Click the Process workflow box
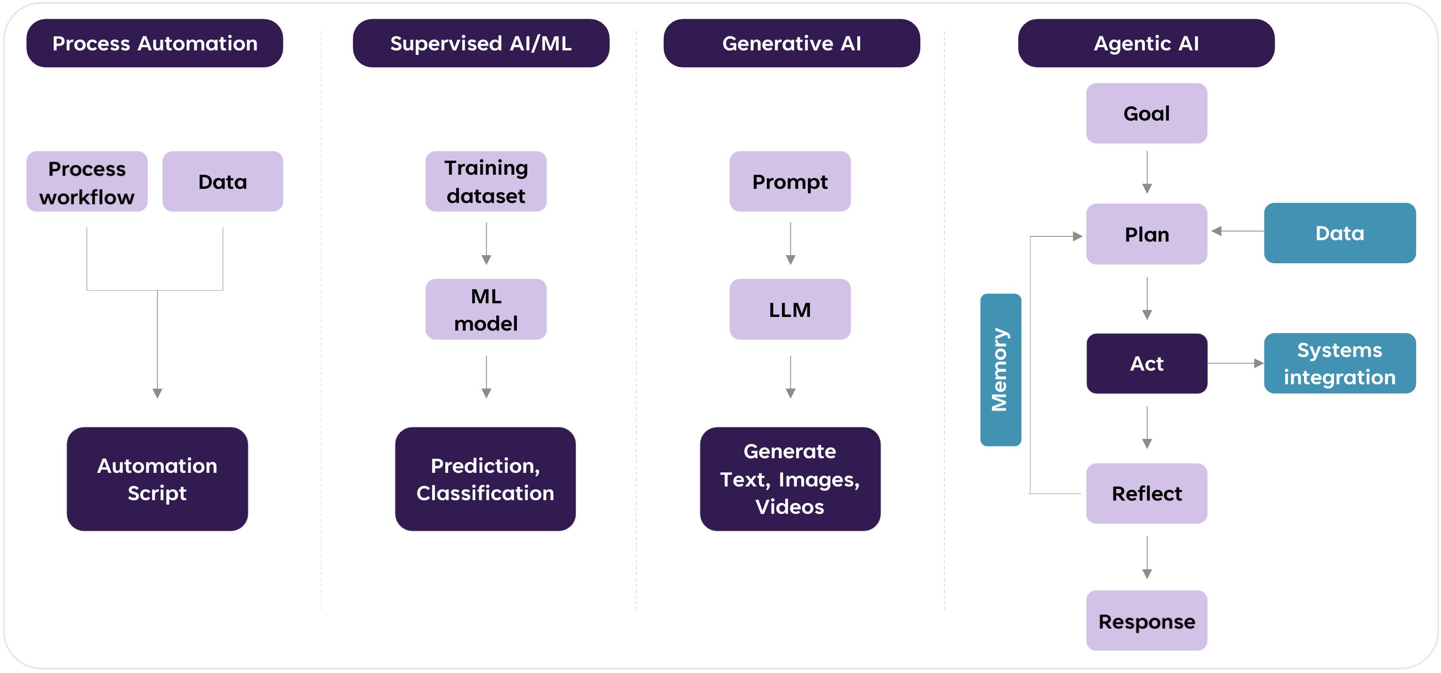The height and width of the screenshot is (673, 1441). tap(87, 181)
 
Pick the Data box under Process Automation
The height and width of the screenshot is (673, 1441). tap(222, 181)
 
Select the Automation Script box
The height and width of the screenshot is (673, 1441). tap(157, 479)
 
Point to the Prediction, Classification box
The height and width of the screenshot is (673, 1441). tap(485, 479)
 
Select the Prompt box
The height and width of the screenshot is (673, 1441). tap(790, 181)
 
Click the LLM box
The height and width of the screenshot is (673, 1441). tap(790, 309)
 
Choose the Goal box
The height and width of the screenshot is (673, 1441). tap(1146, 114)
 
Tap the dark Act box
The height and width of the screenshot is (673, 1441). tap(1146, 364)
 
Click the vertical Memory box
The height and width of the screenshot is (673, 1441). tap(1000, 370)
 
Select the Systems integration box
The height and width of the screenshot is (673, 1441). tap(1339, 364)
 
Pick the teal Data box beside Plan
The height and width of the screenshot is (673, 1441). tap(1339, 233)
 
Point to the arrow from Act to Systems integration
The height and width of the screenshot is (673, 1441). tap(1235, 364)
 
